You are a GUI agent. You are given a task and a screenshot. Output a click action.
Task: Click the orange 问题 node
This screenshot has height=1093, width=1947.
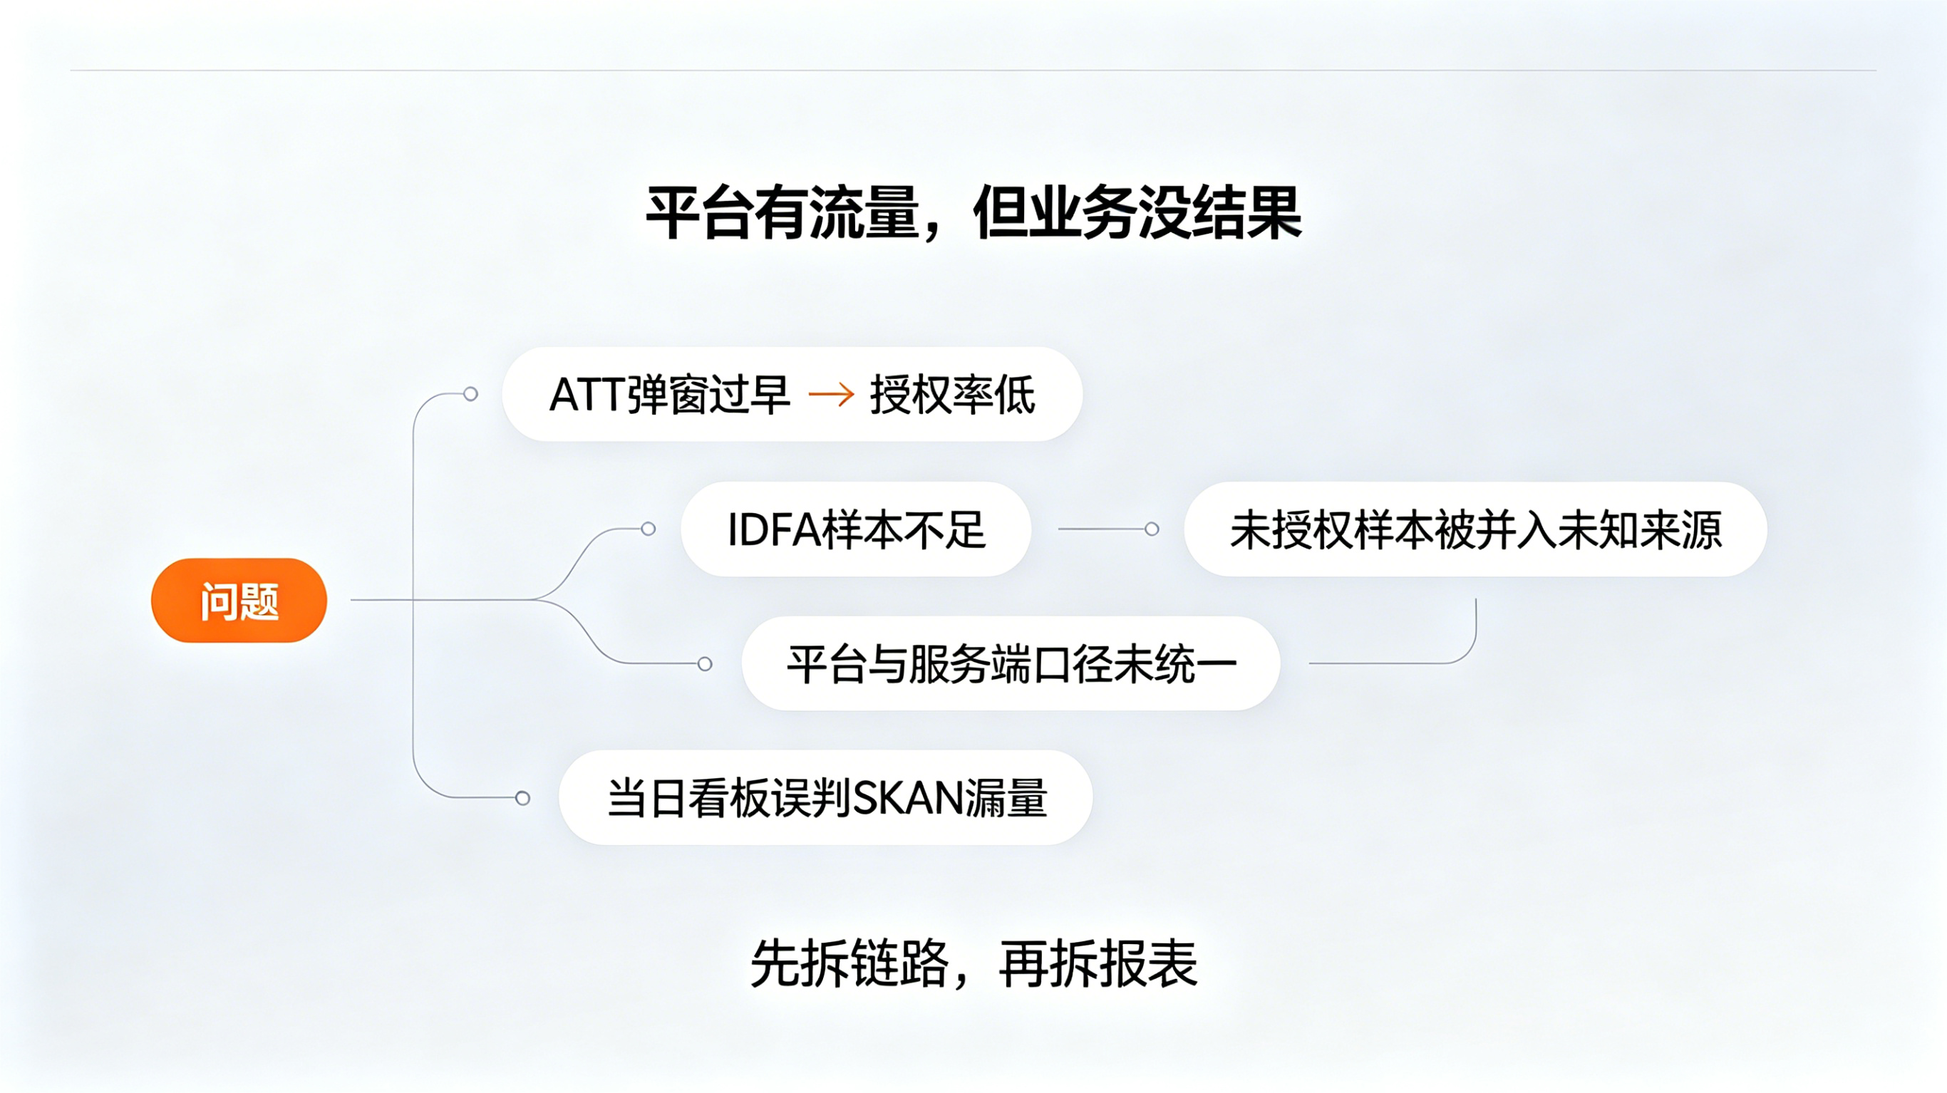[x=239, y=600]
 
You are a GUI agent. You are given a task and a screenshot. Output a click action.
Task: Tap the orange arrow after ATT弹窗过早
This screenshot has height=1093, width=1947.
[x=832, y=394]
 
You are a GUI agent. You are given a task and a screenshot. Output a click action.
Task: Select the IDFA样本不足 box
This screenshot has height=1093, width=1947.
[x=856, y=529]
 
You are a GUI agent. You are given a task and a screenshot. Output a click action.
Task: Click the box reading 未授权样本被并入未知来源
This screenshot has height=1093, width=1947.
[x=1475, y=529]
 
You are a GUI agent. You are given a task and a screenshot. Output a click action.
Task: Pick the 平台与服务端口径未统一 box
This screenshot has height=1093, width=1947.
[x=1011, y=663]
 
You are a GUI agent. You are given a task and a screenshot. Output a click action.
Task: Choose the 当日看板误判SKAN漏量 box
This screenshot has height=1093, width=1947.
[x=825, y=797]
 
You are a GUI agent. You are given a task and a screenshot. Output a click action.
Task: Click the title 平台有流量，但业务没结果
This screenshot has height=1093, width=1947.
[x=973, y=212]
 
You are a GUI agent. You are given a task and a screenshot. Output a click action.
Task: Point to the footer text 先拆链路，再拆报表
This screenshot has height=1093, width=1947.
[x=973, y=963]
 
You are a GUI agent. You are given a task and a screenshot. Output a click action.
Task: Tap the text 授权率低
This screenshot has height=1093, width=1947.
[x=952, y=395]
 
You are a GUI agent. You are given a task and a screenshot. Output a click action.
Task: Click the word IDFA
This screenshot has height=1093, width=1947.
[x=774, y=529]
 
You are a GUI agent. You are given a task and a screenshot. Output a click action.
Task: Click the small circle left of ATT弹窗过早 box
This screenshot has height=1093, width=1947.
[x=470, y=394]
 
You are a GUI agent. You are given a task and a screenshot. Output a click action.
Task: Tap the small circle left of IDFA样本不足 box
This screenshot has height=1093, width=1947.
[x=648, y=529]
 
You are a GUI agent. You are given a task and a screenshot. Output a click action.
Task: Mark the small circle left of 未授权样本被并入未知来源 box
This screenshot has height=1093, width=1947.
[x=1151, y=529]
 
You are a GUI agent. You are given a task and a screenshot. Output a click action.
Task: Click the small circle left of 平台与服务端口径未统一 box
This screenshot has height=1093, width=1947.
[x=704, y=663]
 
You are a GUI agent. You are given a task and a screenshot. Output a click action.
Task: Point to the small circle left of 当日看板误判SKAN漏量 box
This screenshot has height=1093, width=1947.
[x=522, y=797]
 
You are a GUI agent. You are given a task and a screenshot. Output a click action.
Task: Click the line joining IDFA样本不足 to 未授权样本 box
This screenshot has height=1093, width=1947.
[x=1101, y=529]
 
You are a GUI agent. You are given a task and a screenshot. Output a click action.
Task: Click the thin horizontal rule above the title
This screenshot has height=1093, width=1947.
[x=973, y=71]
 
